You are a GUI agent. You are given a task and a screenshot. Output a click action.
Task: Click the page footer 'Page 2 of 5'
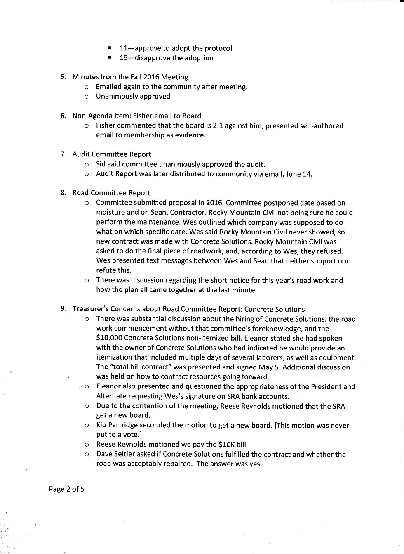[x=66, y=489]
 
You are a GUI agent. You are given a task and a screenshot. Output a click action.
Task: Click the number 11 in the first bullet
[x=124, y=48]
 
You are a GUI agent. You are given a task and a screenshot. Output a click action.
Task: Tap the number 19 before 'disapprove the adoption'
[x=124, y=58]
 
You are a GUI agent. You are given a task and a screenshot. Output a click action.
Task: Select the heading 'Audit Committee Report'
[x=111, y=154]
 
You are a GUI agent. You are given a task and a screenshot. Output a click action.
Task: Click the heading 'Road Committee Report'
[x=111, y=193]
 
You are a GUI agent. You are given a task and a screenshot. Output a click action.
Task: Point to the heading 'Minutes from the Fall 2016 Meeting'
[x=130, y=77]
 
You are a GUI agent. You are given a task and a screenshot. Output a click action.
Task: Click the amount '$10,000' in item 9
[x=109, y=338]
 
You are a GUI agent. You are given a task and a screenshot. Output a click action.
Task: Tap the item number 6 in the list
[x=63, y=116]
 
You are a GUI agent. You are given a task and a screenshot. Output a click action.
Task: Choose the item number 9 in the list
[x=63, y=309]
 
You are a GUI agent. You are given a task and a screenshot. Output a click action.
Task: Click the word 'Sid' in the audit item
[x=101, y=164]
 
